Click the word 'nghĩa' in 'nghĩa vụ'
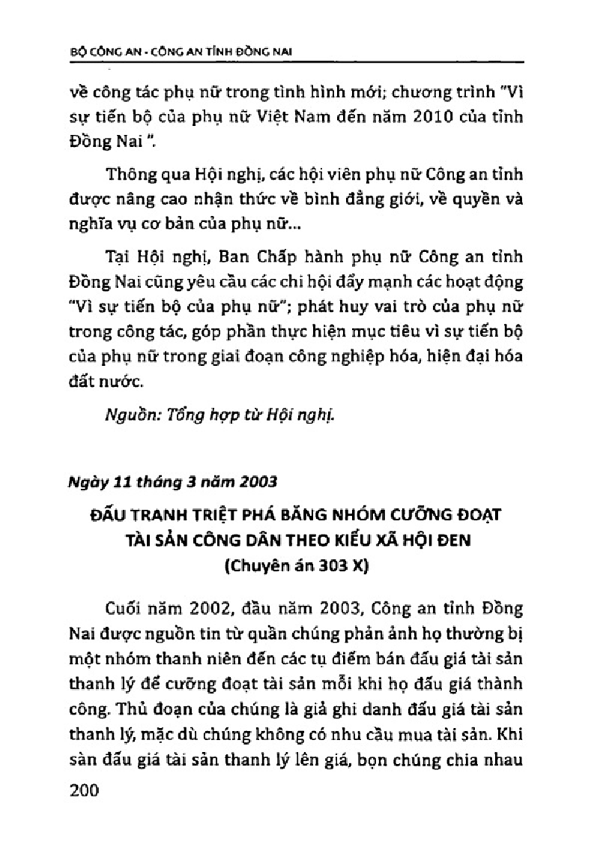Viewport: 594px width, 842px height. click(x=85, y=225)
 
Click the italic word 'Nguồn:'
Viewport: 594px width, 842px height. click(x=130, y=416)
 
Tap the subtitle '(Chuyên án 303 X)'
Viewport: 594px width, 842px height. click(x=297, y=567)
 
